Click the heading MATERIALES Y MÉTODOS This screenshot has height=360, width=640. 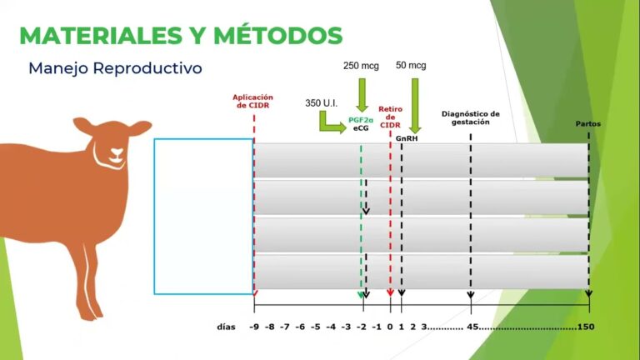coord(180,35)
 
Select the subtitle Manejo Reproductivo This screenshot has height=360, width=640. coord(115,68)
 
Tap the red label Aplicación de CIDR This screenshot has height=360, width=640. coord(252,101)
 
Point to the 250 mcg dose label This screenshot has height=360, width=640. coord(361,65)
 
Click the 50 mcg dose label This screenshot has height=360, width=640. coord(411,65)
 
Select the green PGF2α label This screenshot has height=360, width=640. coord(361,121)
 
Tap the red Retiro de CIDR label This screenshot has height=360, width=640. coord(391,117)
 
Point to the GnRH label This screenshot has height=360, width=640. coord(407,138)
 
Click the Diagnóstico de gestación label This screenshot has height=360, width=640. coord(470,117)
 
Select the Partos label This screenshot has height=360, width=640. coord(588,124)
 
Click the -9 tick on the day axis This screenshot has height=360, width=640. coord(254,327)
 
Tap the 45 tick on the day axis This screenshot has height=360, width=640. coord(472,327)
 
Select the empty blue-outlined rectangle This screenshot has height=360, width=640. coord(203,216)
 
